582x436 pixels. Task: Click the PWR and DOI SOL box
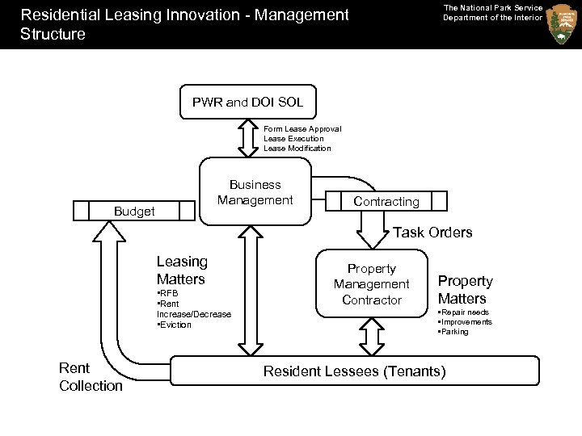247,103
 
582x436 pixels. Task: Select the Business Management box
255,192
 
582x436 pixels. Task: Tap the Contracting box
386,201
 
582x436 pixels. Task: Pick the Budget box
134,211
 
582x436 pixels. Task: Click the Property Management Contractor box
372,284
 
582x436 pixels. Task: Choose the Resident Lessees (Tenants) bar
354,371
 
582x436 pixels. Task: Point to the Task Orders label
432,233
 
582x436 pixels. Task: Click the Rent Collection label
91,377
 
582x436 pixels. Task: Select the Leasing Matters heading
182,270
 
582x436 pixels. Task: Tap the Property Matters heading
465,290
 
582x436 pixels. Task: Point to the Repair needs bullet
463,312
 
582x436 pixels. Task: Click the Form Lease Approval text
302,129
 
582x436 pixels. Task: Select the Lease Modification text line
297,149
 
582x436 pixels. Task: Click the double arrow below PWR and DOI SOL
247,137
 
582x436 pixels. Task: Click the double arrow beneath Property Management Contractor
372,335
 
